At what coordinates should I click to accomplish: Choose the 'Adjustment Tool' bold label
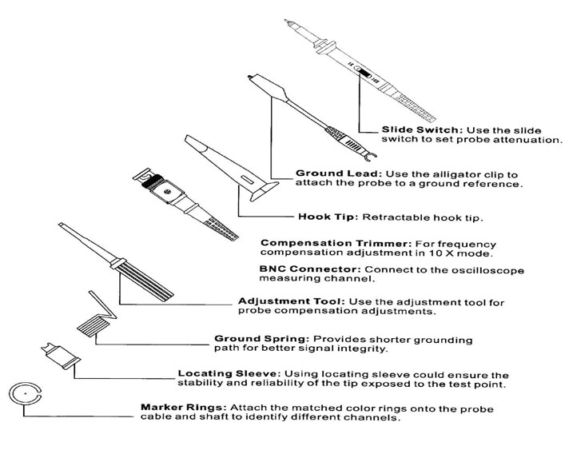click(x=283, y=301)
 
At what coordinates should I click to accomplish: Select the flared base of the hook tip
click(x=260, y=192)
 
